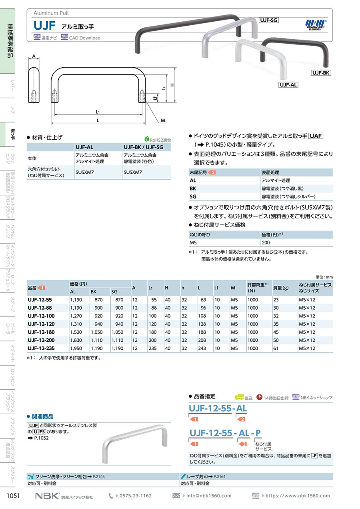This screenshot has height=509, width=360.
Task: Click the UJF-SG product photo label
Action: [269, 20]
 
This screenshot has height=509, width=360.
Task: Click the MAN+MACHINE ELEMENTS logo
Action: [316, 24]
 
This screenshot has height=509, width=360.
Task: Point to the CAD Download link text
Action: [84, 38]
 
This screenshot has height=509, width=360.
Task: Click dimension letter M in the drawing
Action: [163, 120]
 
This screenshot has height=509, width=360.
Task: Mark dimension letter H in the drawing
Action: [172, 85]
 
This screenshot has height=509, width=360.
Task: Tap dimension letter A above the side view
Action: [34, 56]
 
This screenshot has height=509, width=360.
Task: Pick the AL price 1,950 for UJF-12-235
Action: [76, 348]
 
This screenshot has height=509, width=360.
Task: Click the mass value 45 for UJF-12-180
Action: [276, 332]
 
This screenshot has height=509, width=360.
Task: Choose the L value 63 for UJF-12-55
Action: [203, 299]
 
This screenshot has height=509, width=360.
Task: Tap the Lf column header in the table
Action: [216, 288]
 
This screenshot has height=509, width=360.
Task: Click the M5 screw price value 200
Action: [266, 242]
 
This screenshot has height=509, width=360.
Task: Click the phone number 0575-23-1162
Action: [136, 495]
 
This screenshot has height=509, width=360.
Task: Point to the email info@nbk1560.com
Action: [209, 495]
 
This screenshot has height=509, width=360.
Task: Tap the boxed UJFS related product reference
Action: [39, 432]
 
